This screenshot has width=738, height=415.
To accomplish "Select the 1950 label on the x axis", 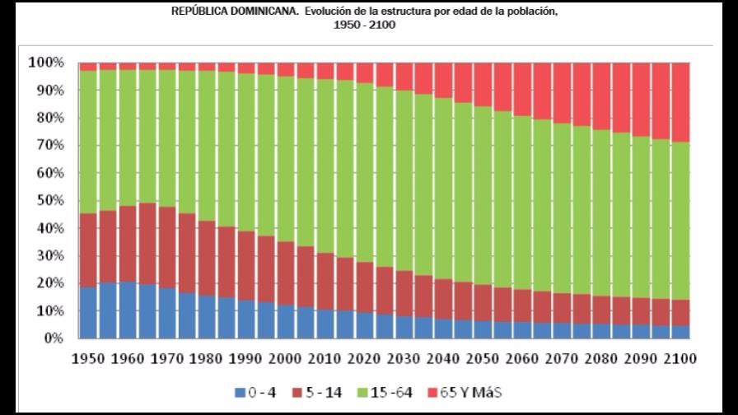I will [87, 359].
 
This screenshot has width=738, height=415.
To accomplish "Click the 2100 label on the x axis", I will [680, 359].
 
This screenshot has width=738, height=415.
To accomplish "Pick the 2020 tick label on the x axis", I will [364, 359].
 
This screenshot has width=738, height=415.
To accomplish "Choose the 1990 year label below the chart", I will [245, 359].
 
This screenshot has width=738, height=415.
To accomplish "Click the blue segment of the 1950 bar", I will [88, 313].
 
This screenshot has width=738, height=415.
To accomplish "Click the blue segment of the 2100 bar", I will [680, 332].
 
